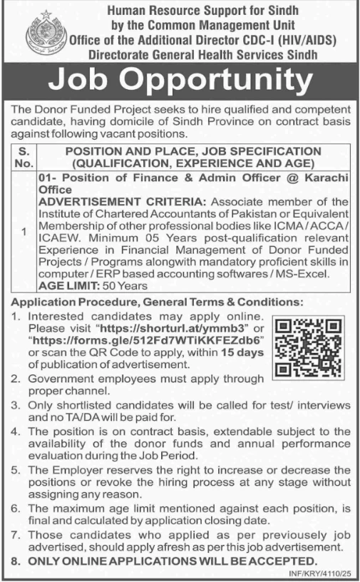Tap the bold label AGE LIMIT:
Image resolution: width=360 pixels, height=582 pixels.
point(67,285)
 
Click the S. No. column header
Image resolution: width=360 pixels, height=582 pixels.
point(25,158)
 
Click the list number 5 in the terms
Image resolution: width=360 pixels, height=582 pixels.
point(16,471)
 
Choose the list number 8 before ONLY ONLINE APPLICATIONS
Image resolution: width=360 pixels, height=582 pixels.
point(16,562)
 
